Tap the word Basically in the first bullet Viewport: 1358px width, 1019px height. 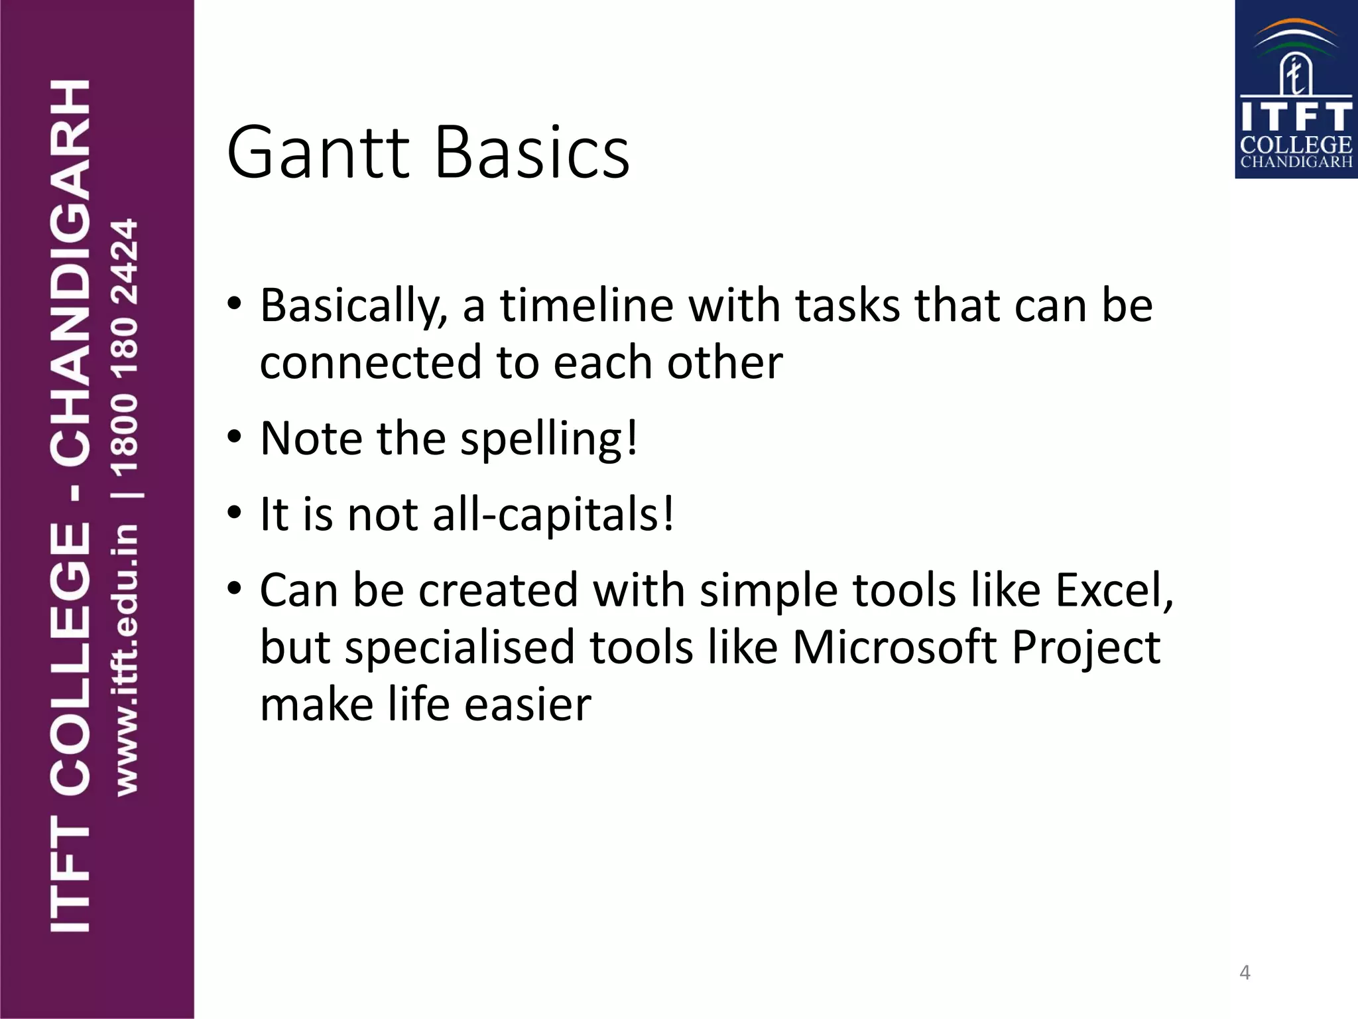point(353,307)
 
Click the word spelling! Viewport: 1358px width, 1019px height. point(549,440)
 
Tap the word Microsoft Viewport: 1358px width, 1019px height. point(895,647)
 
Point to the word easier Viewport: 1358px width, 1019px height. point(527,705)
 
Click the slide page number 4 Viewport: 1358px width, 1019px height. point(1245,973)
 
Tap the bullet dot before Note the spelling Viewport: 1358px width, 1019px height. point(234,439)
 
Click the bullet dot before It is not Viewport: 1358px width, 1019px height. point(234,513)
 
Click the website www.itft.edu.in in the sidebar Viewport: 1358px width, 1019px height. point(125,659)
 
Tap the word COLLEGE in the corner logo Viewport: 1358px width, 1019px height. point(1296,145)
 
